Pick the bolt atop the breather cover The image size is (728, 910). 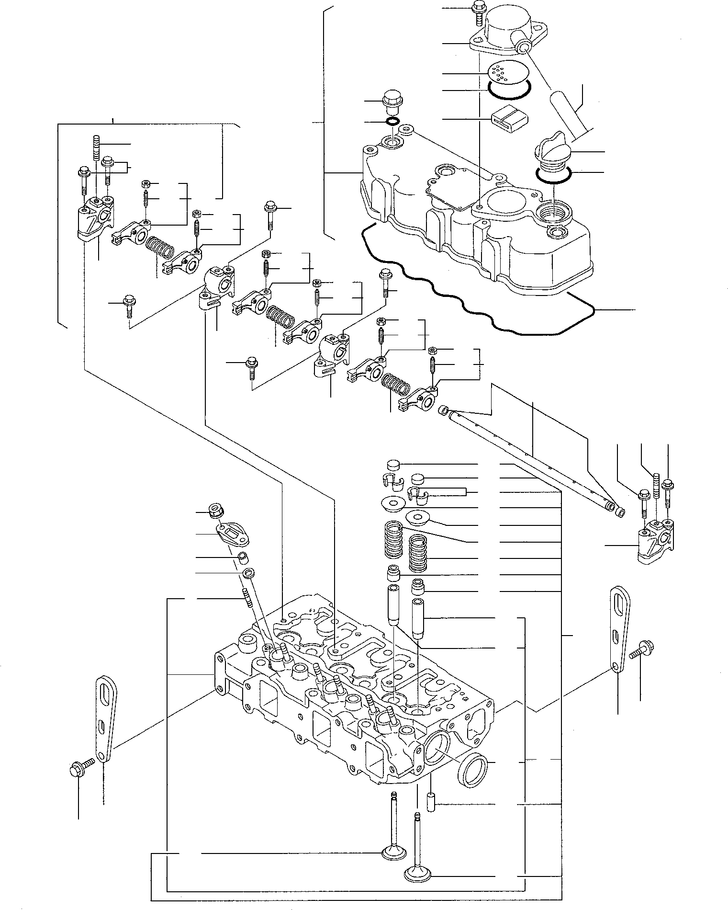477,10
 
